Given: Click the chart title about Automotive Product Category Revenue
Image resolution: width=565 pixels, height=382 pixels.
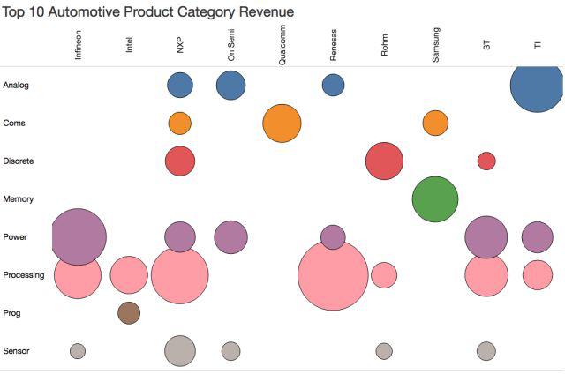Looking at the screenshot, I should click(x=148, y=12).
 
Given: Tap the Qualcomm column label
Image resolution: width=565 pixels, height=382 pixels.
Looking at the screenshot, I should click(x=282, y=42).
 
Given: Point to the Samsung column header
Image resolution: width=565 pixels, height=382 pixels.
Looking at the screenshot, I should click(x=436, y=44).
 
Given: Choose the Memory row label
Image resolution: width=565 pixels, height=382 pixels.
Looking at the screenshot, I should click(x=19, y=199).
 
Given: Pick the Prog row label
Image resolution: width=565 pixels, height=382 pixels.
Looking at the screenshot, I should click(x=12, y=313).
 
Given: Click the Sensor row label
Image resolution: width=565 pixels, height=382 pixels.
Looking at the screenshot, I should click(x=17, y=351).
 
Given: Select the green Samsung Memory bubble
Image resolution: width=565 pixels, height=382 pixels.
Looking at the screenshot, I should click(x=435, y=198).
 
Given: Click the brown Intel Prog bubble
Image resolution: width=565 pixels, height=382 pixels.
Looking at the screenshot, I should click(x=129, y=312).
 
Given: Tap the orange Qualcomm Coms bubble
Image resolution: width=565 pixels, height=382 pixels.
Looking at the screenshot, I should click(x=282, y=123).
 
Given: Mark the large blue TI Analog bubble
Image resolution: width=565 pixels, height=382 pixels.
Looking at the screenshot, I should click(x=537, y=86).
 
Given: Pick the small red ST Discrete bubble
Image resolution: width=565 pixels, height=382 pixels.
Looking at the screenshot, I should click(x=486, y=161).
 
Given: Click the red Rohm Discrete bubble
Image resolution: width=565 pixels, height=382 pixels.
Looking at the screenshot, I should click(x=384, y=161).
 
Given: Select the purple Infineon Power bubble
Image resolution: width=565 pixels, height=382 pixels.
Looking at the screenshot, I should click(x=79, y=237).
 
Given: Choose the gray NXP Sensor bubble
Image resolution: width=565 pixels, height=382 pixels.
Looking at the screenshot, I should click(x=180, y=350).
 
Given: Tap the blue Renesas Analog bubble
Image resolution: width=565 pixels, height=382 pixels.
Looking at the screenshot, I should click(x=333, y=85).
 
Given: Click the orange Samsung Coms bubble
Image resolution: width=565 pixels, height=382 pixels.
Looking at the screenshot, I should click(x=435, y=123).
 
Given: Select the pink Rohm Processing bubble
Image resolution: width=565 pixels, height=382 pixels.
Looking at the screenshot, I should click(x=384, y=274).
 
